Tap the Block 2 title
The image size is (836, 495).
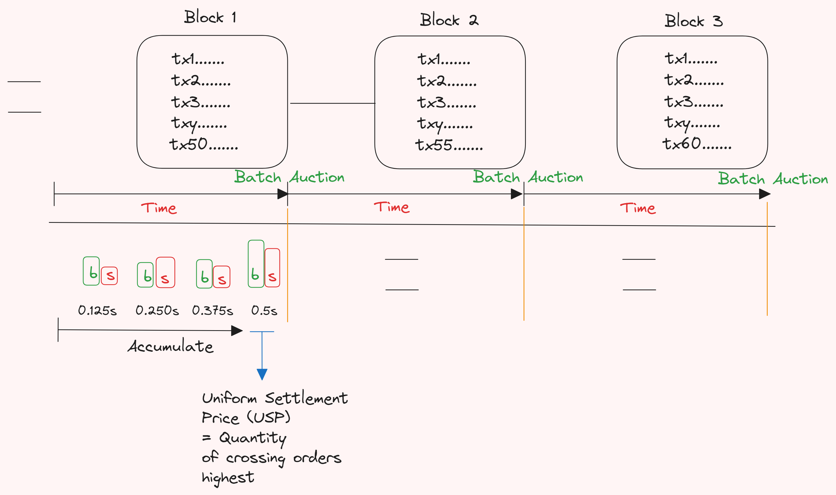[x=449, y=20]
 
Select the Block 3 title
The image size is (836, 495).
[x=694, y=21]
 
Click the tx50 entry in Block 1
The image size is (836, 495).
[x=204, y=144]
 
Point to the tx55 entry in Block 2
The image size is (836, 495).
[x=449, y=145]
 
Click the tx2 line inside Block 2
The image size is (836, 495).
[x=447, y=81]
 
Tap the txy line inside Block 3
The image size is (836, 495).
[x=692, y=123]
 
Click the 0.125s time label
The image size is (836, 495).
[x=97, y=310]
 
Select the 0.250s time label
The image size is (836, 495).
[x=157, y=310]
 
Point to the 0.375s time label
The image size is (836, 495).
[x=212, y=310]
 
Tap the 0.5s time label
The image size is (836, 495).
[x=264, y=310]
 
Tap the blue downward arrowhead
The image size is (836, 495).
[x=262, y=375]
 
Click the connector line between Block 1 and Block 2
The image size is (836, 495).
[x=333, y=103]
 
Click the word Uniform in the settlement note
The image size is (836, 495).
[x=230, y=398]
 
